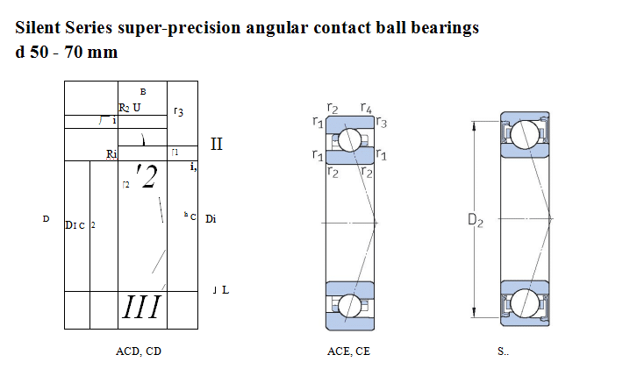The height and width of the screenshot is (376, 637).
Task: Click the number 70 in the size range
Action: (x=75, y=52)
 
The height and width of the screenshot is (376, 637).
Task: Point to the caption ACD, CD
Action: (x=139, y=351)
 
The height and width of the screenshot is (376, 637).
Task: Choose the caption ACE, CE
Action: (x=348, y=351)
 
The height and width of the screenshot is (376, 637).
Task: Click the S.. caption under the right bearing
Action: (x=503, y=351)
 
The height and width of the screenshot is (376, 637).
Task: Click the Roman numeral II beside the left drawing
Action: (x=217, y=144)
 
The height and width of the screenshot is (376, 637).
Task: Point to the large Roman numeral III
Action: (x=141, y=308)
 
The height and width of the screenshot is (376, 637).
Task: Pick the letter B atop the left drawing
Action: (x=142, y=92)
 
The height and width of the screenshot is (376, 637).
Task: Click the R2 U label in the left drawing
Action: (x=130, y=108)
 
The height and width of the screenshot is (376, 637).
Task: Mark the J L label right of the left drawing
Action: (x=220, y=289)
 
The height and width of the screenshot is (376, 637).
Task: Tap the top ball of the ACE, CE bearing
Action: (x=350, y=139)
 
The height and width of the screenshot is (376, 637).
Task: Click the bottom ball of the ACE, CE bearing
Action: (x=350, y=305)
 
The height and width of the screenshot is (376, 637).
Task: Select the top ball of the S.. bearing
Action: (x=526, y=134)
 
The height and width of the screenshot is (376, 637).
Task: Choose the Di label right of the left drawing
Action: (x=211, y=218)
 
